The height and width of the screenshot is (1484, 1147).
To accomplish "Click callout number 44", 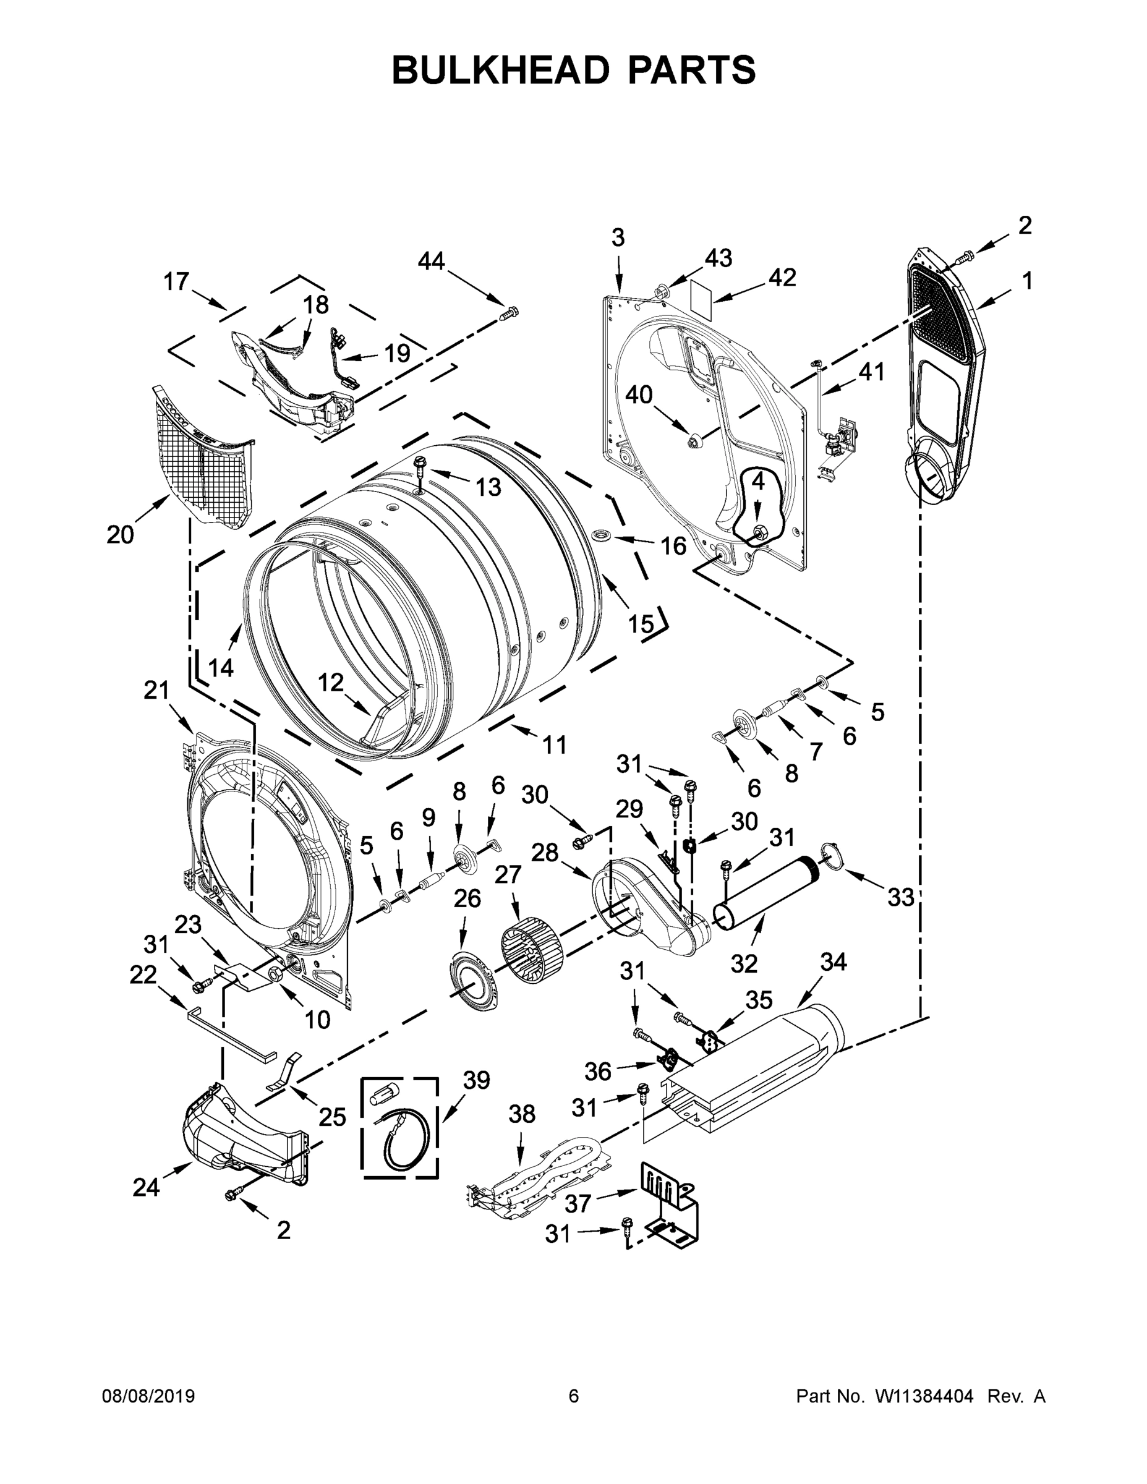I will point(431,261).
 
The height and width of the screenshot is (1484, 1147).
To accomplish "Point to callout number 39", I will point(475,1080).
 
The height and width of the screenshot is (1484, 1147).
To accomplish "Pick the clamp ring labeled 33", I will point(831,853).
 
